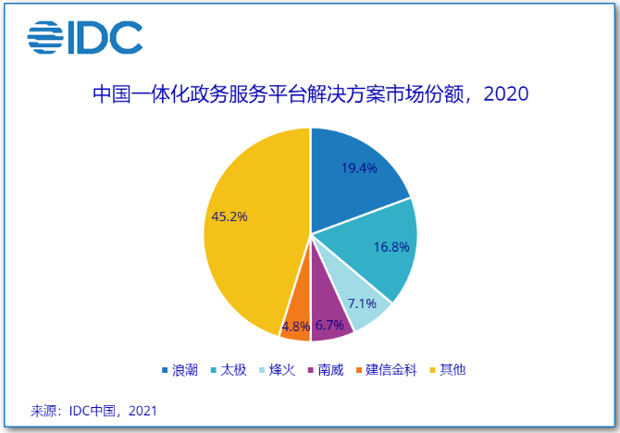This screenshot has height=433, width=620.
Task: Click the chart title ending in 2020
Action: tap(310, 94)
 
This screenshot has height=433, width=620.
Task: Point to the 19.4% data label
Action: tap(359, 168)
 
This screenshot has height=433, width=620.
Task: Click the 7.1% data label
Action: tap(362, 303)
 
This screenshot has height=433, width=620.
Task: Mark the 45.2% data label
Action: tap(229, 217)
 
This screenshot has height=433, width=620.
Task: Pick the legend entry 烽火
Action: tap(283, 370)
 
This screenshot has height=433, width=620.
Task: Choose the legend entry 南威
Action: tap(330, 370)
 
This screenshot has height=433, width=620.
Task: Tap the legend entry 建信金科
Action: tap(392, 370)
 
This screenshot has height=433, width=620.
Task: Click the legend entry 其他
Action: tap(453, 370)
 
